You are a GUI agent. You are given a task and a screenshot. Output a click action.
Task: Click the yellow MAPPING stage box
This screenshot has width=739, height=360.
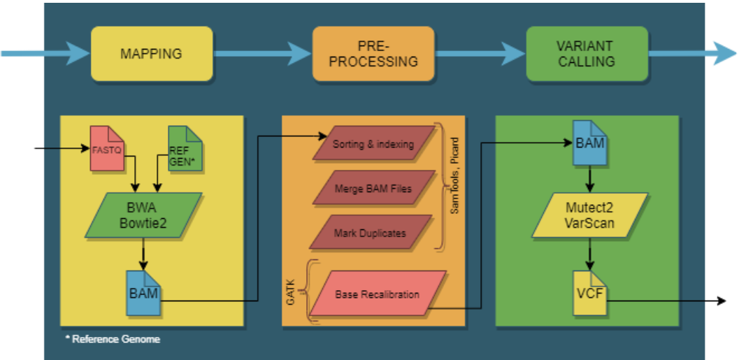click(x=151, y=54)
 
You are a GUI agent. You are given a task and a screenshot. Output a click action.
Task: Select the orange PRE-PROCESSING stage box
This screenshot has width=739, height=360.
click(x=373, y=53)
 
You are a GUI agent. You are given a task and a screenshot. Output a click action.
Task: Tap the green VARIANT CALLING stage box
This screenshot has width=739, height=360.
click(x=587, y=53)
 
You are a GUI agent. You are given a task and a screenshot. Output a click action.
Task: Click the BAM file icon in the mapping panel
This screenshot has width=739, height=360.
click(x=143, y=292)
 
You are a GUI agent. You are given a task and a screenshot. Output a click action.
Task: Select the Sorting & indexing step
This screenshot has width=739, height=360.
click(x=374, y=145)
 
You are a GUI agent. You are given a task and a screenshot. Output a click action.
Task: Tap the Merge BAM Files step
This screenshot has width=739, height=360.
click(x=374, y=189)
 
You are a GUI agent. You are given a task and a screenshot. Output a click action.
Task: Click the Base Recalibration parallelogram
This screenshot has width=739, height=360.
click(x=378, y=294)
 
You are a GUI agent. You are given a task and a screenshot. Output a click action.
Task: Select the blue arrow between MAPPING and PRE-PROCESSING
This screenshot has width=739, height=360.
click(x=261, y=53)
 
